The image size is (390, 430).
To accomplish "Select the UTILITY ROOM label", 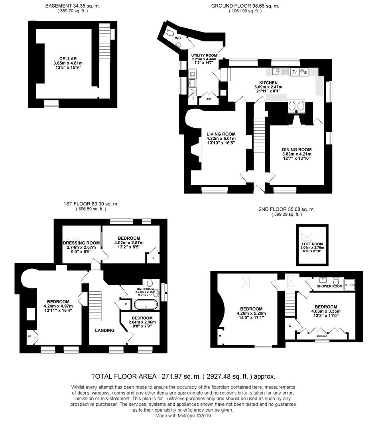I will tap(204, 55).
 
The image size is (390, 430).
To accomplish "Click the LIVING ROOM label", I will tap(221, 134).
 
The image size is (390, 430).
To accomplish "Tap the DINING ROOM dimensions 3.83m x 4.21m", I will tap(296, 154).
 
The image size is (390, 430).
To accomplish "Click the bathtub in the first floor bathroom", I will tap(146, 305).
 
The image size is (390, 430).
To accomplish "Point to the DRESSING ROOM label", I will tap(81, 243).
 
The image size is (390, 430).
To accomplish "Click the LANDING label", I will tap(104, 330).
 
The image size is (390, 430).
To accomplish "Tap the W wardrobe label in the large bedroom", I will tap(29, 336).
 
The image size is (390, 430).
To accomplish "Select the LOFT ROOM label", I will tap(312, 243).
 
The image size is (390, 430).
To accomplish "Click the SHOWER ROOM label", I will tap(329, 286).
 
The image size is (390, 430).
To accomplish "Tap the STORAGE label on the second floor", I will tap(322, 336).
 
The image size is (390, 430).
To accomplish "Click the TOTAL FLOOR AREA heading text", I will tap(183, 376).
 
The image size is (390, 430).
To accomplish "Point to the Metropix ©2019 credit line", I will tap(184, 415).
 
